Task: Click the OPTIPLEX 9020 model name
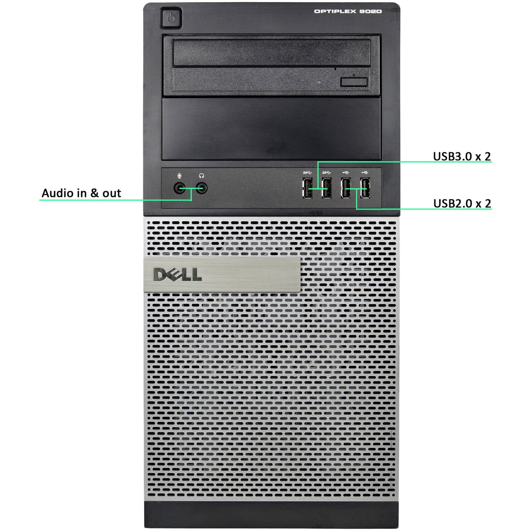(348, 11)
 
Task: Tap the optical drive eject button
(354, 82)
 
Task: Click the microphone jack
(180, 188)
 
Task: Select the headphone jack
(201, 188)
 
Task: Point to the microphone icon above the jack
(180, 176)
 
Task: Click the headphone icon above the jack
(201, 176)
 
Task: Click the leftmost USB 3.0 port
(307, 188)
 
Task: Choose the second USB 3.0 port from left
(326, 188)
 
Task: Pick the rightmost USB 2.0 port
(365, 188)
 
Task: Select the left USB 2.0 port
(346, 188)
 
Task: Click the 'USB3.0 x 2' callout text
(462, 156)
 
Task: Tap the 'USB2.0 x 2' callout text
(462, 203)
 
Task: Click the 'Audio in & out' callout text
(81, 193)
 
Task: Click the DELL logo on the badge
(177, 275)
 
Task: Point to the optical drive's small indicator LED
(319, 82)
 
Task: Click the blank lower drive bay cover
(271, 129)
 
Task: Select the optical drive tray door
(272, 53)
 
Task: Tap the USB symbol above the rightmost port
(365, 172)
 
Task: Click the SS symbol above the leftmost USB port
(307, 172)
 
